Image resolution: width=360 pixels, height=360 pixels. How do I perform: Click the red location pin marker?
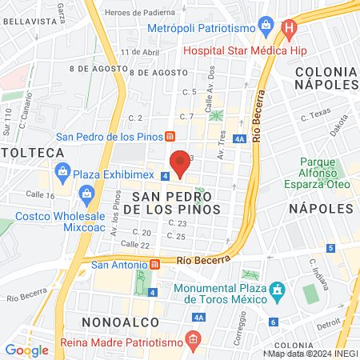[181, 162]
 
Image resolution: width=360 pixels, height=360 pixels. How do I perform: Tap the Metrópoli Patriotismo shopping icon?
[155, 29]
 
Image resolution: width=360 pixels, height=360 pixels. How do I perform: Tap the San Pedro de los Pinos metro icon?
[170, 135]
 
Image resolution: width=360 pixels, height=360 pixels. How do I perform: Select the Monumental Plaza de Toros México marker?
[277, 289]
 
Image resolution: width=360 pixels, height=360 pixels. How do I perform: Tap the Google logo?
[26, 350]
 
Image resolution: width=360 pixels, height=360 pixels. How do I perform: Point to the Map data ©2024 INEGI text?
[313, 353]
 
